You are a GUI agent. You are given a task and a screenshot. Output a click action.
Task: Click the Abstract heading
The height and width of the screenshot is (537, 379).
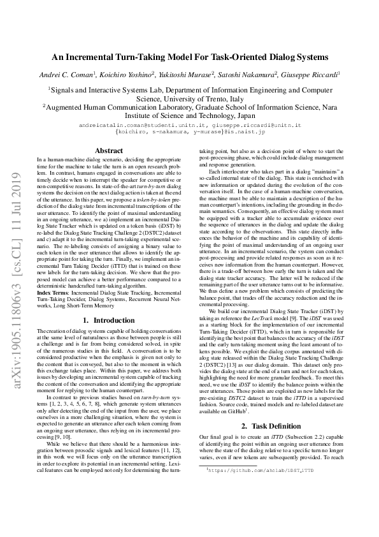click(108, 151)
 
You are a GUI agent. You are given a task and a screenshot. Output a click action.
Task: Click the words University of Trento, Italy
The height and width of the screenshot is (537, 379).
click(190, 99)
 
